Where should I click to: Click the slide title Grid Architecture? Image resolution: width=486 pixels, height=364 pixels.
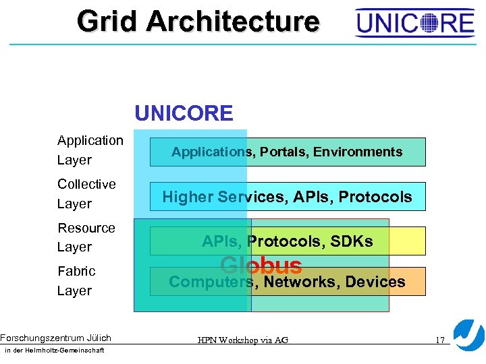[198, 21]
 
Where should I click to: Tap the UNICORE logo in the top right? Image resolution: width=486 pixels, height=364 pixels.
[415, 24]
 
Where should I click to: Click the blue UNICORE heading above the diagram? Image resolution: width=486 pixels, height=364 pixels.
[184, 113]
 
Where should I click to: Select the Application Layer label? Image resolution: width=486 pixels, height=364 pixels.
[90, 150]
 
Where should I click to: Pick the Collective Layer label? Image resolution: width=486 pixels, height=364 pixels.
[86, 193]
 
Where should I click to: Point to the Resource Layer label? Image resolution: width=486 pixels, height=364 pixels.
[86, 237]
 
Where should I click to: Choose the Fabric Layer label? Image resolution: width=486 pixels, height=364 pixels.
[76, 280]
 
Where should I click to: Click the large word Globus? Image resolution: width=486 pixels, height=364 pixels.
[261, 266]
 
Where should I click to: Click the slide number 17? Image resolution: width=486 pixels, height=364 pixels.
[439, 340]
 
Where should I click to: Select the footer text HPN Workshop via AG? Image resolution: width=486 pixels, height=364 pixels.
[243, 340]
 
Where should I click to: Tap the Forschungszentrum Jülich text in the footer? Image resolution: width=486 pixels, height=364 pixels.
[55, 338]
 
